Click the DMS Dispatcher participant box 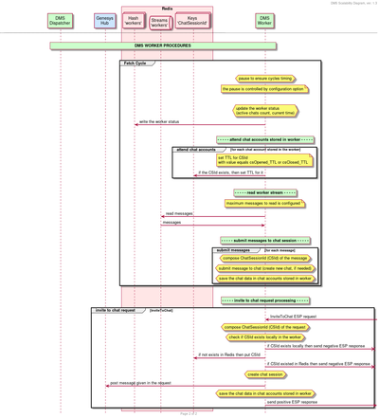[61, 19]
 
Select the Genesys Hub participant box [106, 19]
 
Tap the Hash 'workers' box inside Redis [133, 19]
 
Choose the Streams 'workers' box [159, 19]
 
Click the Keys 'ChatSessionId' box [193, 19]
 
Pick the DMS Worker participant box [264, 19]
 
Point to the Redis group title [167, 8]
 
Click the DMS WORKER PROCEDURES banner [163, 45]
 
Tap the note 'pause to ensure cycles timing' [264, 79]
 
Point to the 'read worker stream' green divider [264, 192]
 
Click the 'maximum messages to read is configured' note [264, 203]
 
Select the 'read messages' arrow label [178, 213]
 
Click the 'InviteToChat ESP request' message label [293, 316]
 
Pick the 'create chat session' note [265, 373]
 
